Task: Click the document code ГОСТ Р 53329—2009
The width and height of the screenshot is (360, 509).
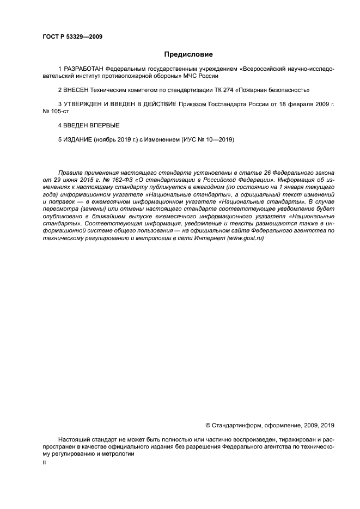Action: coord(72,37)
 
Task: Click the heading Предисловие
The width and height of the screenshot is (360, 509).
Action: coord(188,54)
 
